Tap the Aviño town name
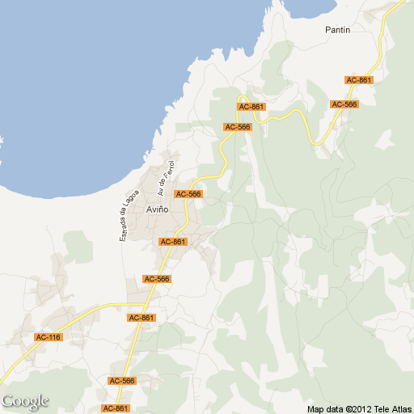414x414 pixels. click(x=157, y=209)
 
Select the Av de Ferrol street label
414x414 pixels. click(x=167, y=178)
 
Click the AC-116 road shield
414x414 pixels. click(x=48, y=336)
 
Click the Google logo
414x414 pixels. click(x=25, y=401)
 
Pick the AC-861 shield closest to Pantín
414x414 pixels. click(x=358, y=80)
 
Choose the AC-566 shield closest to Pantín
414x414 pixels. click(x=344, y=104)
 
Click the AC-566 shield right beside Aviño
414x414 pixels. click(x=188, y=194)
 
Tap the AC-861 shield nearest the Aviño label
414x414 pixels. click(x=173, y=242)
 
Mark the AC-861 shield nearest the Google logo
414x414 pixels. click(x=116, y=408)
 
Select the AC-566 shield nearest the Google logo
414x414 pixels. click(x=122, y=380)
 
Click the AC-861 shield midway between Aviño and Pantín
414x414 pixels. click(x=251, y=107)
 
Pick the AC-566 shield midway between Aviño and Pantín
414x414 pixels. click(x=238, y=127)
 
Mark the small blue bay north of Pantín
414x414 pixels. click(x=311, y=6)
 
